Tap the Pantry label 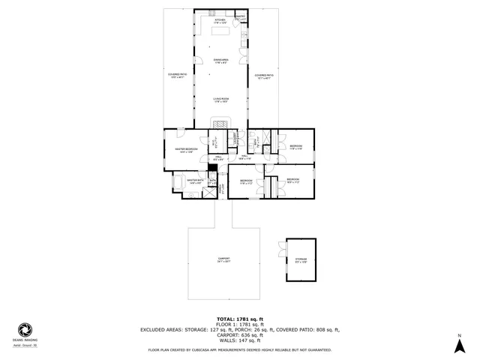240,16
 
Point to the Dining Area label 220,61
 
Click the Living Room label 220,99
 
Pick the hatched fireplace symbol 220,124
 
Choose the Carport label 223,260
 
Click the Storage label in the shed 301,260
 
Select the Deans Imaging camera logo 25,330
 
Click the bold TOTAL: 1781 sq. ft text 241,319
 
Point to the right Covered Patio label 262,76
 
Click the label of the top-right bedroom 295,147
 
